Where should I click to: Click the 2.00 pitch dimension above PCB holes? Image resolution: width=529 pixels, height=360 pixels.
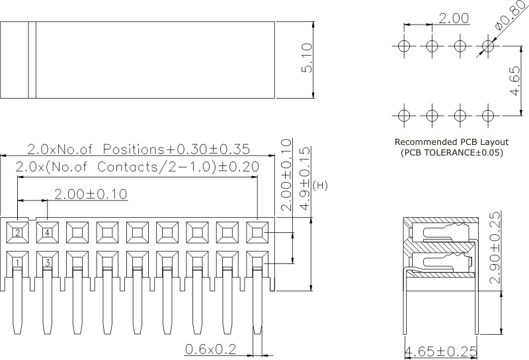pos(454,18)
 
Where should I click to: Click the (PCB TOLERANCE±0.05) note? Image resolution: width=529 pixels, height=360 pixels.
pos(452,153)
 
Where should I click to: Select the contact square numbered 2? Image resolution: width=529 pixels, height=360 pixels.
pos(18,232)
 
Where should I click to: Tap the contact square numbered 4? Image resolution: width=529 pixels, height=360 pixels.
pos(48,232)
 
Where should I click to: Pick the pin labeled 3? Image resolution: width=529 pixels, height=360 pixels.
pos(48,263)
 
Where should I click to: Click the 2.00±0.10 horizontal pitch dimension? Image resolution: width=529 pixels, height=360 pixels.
pos(90,193)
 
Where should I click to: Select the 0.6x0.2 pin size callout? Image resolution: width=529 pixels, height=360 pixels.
pos(210,349)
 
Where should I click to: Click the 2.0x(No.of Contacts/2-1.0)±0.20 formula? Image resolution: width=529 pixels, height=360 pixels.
pos(136,167)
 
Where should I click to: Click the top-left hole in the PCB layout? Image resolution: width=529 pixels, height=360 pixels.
pos(404,46)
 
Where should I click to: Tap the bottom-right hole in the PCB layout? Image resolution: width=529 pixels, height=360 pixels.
pos(487,115)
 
